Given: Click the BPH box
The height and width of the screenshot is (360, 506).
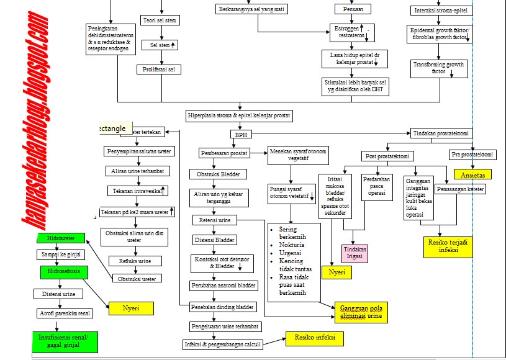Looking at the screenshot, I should [240, 134].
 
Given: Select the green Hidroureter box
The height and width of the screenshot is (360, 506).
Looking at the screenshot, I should [60, 238].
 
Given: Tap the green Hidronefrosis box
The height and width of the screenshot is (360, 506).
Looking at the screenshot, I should [61, 272].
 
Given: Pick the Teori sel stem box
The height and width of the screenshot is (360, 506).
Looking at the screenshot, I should [160, 20].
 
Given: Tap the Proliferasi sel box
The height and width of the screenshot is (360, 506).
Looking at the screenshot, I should [158, 70].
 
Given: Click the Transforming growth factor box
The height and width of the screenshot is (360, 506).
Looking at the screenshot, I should [439, 68].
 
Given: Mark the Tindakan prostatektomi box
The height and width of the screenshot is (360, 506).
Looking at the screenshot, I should [442, 133].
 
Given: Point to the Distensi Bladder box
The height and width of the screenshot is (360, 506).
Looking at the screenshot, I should [215, 240].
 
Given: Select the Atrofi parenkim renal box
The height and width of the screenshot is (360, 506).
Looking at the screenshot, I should [65, 313].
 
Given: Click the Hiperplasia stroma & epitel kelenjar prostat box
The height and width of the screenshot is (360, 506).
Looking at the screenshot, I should [239, 115].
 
